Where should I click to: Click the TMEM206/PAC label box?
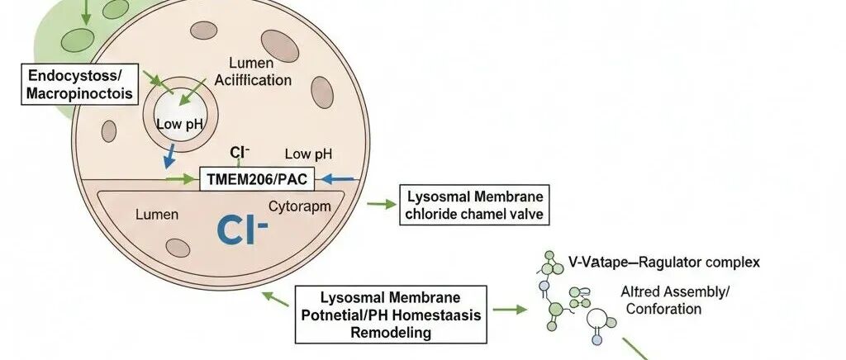pos(257,179)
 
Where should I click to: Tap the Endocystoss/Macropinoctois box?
pos(79,83)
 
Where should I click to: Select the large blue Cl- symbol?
pos(242,229)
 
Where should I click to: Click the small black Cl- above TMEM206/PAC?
pos(240,153)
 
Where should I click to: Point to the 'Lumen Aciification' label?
pos(253,72)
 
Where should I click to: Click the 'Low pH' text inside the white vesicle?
pos(179,125)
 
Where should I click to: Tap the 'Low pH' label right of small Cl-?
pos(309,154)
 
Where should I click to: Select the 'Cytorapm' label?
pos(299,206)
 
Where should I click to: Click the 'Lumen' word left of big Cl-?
pos(157,215)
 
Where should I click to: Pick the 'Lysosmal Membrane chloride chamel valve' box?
pos(474,205)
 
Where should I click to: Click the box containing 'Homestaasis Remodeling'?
pos(391,315)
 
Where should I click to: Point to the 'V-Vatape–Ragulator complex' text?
pos(664,263)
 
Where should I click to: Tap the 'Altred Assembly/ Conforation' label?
pos(674,301)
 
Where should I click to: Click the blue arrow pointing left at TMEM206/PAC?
pos(338,178)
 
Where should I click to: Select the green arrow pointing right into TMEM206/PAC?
pos(179,179)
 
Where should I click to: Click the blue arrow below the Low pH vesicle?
pos(169,155)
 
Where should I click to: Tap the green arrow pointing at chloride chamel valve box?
pos(382,204)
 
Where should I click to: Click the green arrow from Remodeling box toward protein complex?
pos(510,310)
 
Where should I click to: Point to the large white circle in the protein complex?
pos(596,319)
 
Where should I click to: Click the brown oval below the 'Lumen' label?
pos(178,248)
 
